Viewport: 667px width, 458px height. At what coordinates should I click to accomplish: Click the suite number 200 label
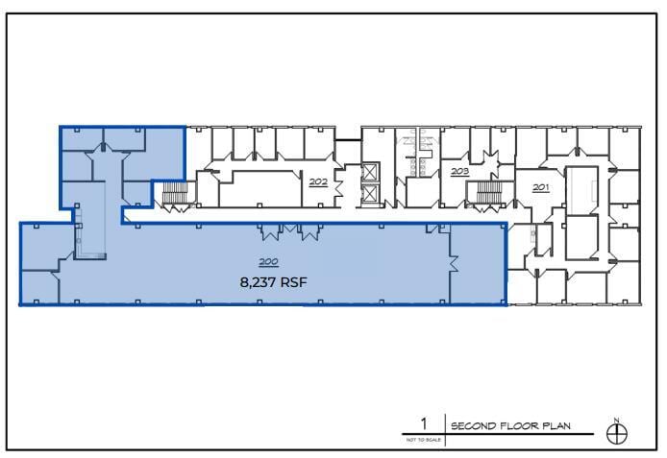coord(267,262)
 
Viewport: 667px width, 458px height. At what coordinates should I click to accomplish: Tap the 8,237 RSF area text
coord(274,282)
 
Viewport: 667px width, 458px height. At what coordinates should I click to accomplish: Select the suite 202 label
coord(318,180)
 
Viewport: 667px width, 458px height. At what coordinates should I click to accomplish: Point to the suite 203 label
coord(459,171)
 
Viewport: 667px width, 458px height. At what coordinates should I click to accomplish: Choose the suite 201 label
coord(540,186)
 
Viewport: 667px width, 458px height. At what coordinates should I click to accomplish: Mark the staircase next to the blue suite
coord(175,196)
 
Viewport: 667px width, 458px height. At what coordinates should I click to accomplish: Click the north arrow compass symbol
coord(617,433)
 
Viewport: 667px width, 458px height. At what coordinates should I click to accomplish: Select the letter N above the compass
coord(617,419)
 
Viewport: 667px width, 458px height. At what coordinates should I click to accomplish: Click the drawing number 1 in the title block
coord(422,422)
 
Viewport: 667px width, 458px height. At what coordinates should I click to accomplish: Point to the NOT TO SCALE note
coord(422,439)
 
